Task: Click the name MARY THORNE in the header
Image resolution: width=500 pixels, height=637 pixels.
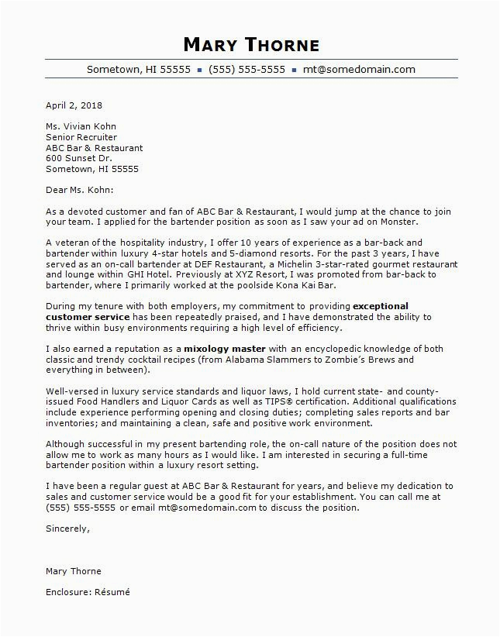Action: click(251, 43)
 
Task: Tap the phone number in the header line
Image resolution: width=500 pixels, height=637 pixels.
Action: click(247, 69)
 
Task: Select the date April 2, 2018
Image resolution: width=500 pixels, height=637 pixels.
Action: click(74, 105)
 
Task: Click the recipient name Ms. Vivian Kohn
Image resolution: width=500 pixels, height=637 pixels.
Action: click(81, 126)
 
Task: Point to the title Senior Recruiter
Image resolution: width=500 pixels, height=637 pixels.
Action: click(81, 137)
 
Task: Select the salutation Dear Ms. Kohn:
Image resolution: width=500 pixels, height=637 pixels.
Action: click(79, 190)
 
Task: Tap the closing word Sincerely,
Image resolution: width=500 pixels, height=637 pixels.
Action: click(67, 529)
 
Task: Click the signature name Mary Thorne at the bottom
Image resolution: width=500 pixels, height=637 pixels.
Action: click(74, 571)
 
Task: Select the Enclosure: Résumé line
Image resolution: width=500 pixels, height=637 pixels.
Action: click(88, 592)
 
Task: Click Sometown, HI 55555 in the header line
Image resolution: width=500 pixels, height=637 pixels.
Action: click(139, 69)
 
